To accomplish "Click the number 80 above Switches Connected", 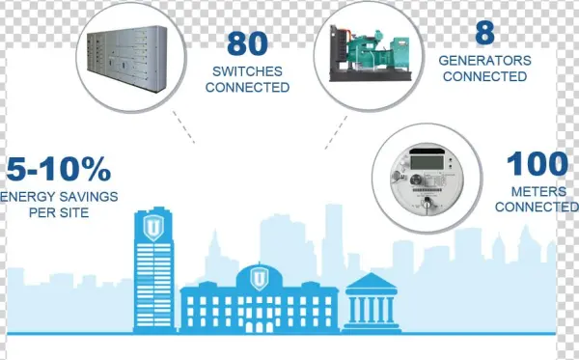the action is (251, 43).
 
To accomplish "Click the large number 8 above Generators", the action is (484, 32).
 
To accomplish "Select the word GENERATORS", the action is (485, 60).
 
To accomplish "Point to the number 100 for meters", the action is (538, 164).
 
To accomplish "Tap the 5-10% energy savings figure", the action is (58, 171).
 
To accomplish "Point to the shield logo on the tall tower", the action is (152, 227).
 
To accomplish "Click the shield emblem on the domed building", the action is (258, 278).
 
